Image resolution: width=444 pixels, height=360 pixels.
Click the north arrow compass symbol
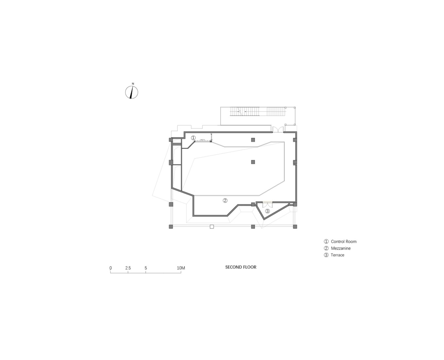pyautogui.click(x=131, y=92)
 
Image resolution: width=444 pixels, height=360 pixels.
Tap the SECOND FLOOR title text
pyautogui.click(x=241, y=267)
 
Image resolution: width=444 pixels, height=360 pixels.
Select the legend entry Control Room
pyautogui.click(x=343, y=242)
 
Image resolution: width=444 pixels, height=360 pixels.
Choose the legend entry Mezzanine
pyautogui.click(x=340, y=248)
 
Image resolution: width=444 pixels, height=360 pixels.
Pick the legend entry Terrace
pyautogui.click(x=337, y=255)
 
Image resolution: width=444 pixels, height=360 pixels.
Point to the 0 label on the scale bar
pyautogui.click(x=111, y=268)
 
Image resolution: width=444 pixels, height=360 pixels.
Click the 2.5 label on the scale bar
pyautogui.click(x=128, y=268)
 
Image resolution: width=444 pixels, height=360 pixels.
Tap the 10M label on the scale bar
pyautogui.click(x=181, y=268)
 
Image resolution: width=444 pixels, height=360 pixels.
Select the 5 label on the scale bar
pyautogui.click(x=145, y=268)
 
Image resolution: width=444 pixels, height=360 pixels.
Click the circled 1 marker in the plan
pyautogui.click(x=193, y=138)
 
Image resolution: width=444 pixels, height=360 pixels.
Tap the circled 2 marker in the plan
pyautogui.click(x=225, y=201)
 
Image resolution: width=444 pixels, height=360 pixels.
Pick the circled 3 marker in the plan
pyautogui.click(x=267, y=211)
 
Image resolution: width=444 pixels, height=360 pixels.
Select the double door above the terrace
pyautogui.click(x=267, y=205)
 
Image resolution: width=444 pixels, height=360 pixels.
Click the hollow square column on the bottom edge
pyautogui.click(x=212, y=226)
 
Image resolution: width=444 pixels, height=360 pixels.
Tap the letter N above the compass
pyautogui.click(x=133, y=84)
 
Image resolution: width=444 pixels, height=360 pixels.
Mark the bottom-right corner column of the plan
pyautogui.click(x=295, y=226)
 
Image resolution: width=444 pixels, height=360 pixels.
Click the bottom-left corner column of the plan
pyautogui.click(x=171, y=226)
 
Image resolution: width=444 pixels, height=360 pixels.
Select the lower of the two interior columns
pyautogui.click(x=253, y=162)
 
